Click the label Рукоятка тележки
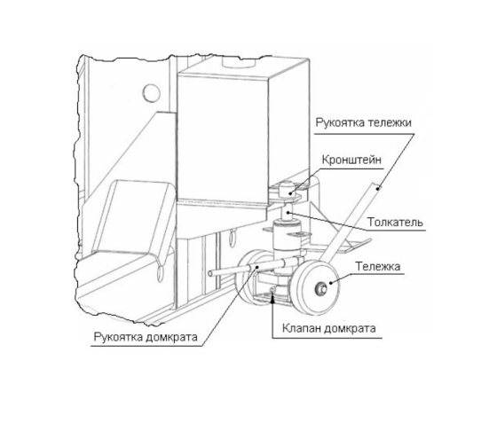pos(363,123)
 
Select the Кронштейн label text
pos(351,160)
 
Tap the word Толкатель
pos(395,222)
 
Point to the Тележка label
pos(378,266)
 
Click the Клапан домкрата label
pos(329,328)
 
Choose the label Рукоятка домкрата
pos(146,337)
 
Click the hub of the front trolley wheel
pos(320,288)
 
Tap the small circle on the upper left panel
pos(152,93)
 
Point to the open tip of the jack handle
pos(210,273)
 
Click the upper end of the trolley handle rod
pos(375,185)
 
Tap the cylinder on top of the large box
pos(239,62)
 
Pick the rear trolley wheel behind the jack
pos(250,277)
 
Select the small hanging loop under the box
pos(232,237)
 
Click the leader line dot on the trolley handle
pos(378,188)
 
